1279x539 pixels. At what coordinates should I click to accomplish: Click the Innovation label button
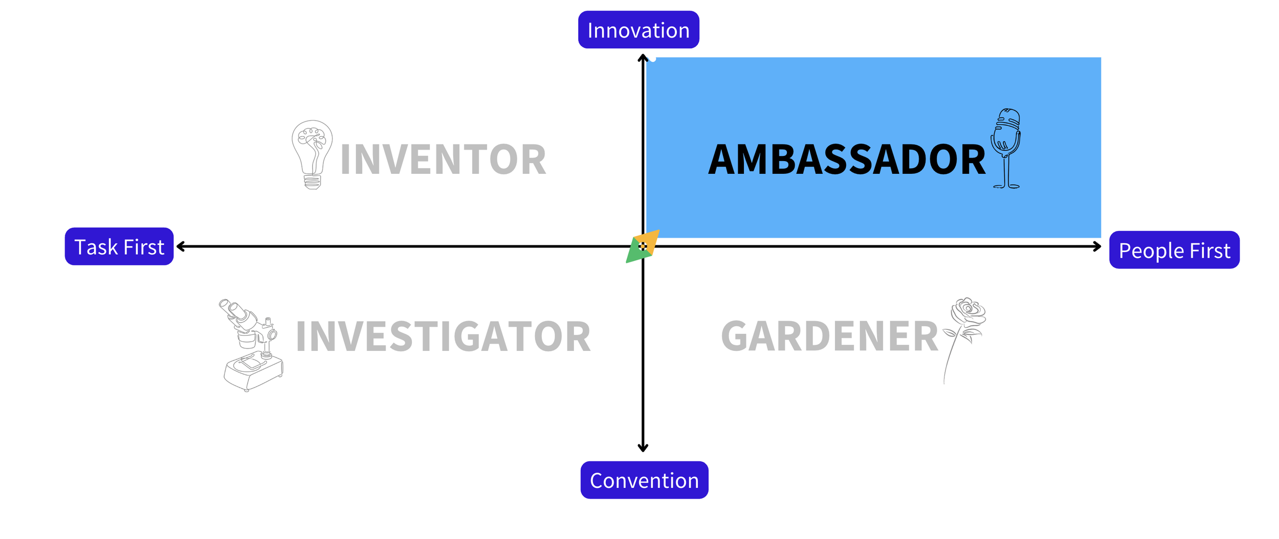(x=638, y=30)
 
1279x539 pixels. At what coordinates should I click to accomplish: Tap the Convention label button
(x=644, y=480)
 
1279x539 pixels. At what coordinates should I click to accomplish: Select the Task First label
(x=119, y=247)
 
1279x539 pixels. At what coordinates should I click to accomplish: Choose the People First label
(x=1174, y=251)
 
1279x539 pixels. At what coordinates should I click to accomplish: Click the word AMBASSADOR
(x=847, y=160)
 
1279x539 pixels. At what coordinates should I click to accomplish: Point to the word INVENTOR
(x=443, y=160)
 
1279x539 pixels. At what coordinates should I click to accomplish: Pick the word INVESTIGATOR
(x=443, y=336)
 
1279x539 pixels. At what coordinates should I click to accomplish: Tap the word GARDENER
(x=829, y=336)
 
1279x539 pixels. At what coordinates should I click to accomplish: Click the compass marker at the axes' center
(x=643, y=246)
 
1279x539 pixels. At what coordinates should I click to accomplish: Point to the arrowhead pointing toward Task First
(x=180, y=246)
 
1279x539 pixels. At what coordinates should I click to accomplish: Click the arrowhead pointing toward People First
(x=1097, y=246)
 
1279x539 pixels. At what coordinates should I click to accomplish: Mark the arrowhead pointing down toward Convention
(x=643, y=448)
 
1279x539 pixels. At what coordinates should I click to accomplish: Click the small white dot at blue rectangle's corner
(x=653, y=59)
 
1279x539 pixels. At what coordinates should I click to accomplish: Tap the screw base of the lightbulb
(x=312, y=182)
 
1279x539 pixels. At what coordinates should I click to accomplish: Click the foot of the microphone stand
(x=1006, y=186)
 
